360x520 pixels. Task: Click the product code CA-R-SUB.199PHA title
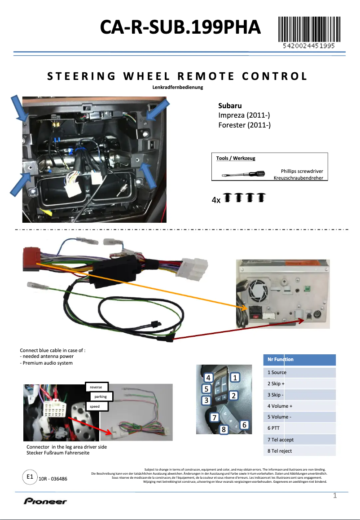click(180, 27)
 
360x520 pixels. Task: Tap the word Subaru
click(230, 106)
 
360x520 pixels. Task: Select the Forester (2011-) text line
click(244, 125)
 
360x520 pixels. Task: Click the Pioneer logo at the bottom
click(45, 501)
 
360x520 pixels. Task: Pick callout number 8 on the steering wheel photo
click(224, 430)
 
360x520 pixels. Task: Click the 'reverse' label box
click(96, 387)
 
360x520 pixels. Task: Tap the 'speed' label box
click(95, 406)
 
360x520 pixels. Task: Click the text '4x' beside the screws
click(216, 200)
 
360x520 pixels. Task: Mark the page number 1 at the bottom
click(335, 496)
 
